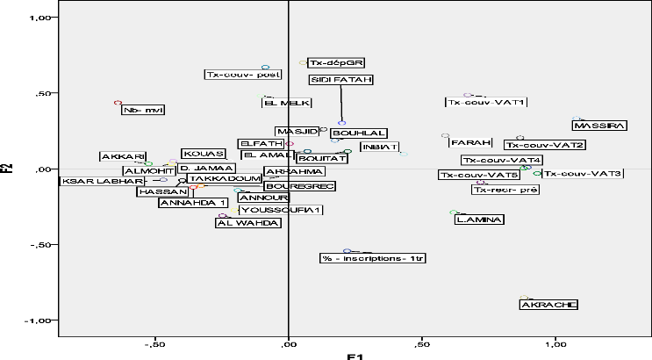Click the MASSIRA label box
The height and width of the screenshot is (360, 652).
[599, 126]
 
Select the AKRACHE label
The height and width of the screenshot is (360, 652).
[548, 305]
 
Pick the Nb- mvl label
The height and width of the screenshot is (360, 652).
[142, 110]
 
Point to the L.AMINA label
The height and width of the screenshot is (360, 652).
[479, 220]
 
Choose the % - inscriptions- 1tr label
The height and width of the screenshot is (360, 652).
[373, 258]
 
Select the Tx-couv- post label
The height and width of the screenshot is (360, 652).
[243, 75]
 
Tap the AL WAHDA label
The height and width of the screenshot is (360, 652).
[248, 223]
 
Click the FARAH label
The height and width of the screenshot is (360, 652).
[469, 143]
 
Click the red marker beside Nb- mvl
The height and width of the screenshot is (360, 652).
[118, 103]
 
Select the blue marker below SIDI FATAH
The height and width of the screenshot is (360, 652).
[341, 123]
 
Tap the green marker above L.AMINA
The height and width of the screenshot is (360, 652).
[453, 212]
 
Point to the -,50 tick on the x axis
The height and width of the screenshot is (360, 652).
[154, 344]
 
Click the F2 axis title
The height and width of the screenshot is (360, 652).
[8, 167]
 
